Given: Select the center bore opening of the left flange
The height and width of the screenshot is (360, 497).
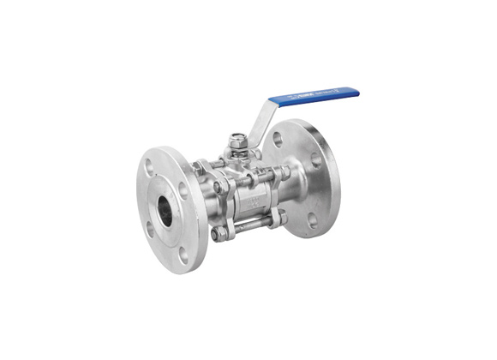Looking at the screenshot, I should (x=165, y=210).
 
